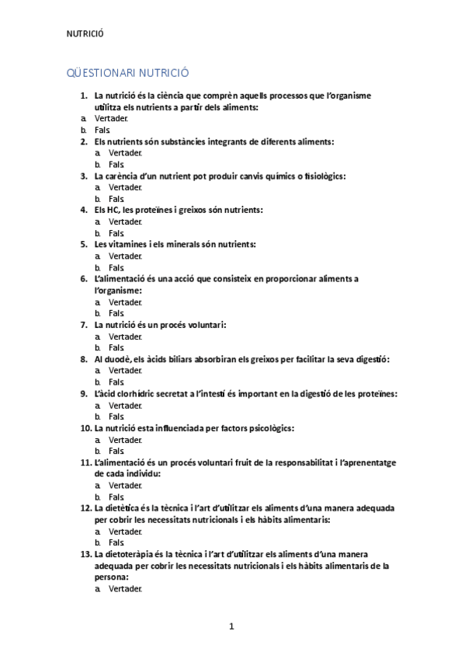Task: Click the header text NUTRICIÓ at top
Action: click(x=85, y=33)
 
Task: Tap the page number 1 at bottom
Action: click(x=231, y=626)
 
